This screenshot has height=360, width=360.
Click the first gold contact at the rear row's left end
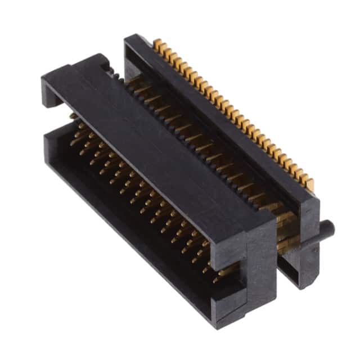pos(157,43)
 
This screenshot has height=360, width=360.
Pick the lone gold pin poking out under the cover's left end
pos(72,116)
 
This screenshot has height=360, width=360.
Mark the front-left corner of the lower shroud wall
pos(47,153)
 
